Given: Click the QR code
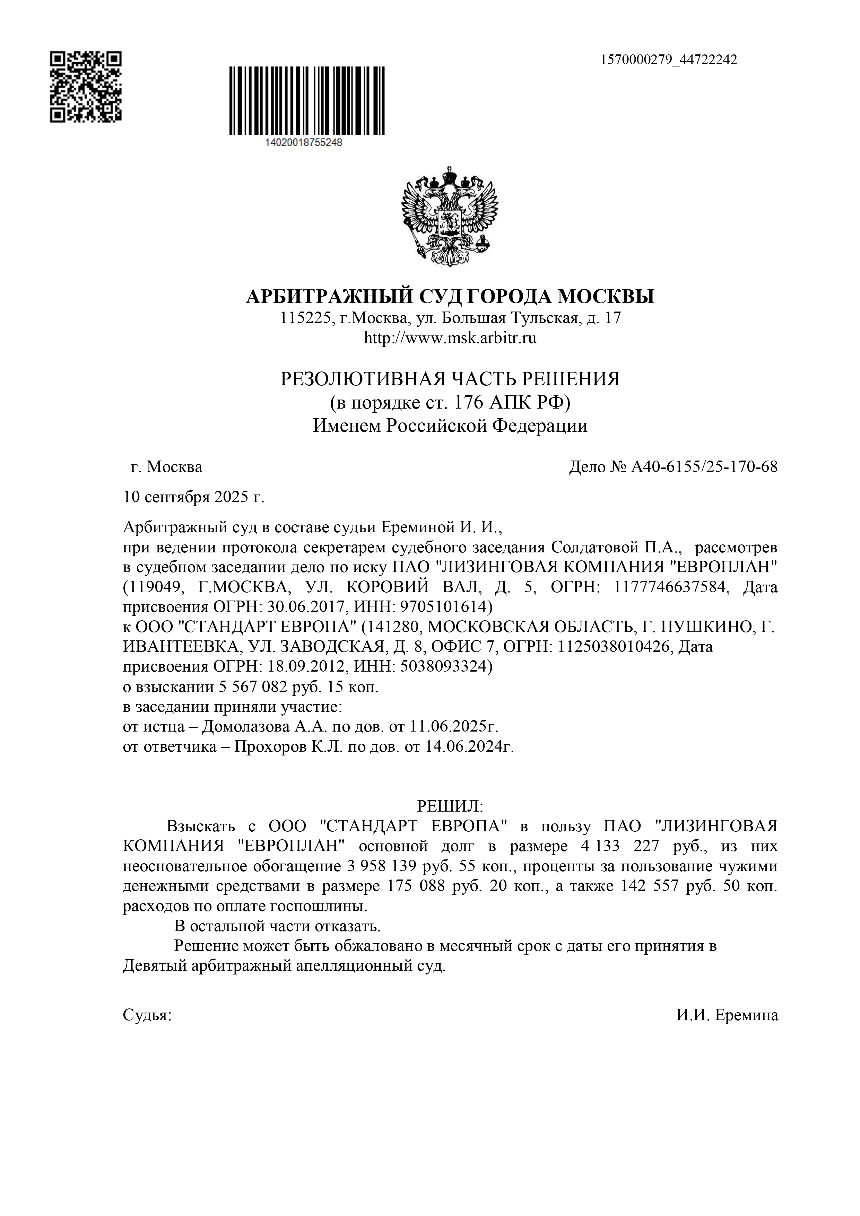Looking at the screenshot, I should (x=86, y=87).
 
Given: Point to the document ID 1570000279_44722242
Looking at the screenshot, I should (x=668, y=60).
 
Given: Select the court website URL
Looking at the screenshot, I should (x=450, y=338).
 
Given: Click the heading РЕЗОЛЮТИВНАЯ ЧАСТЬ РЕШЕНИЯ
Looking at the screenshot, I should (x=450, y=379).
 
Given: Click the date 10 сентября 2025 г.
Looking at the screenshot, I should (x=193, y=497).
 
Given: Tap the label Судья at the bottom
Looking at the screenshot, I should (x=147, y=1015).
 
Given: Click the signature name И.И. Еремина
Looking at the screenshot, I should (x=727, y=1015).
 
